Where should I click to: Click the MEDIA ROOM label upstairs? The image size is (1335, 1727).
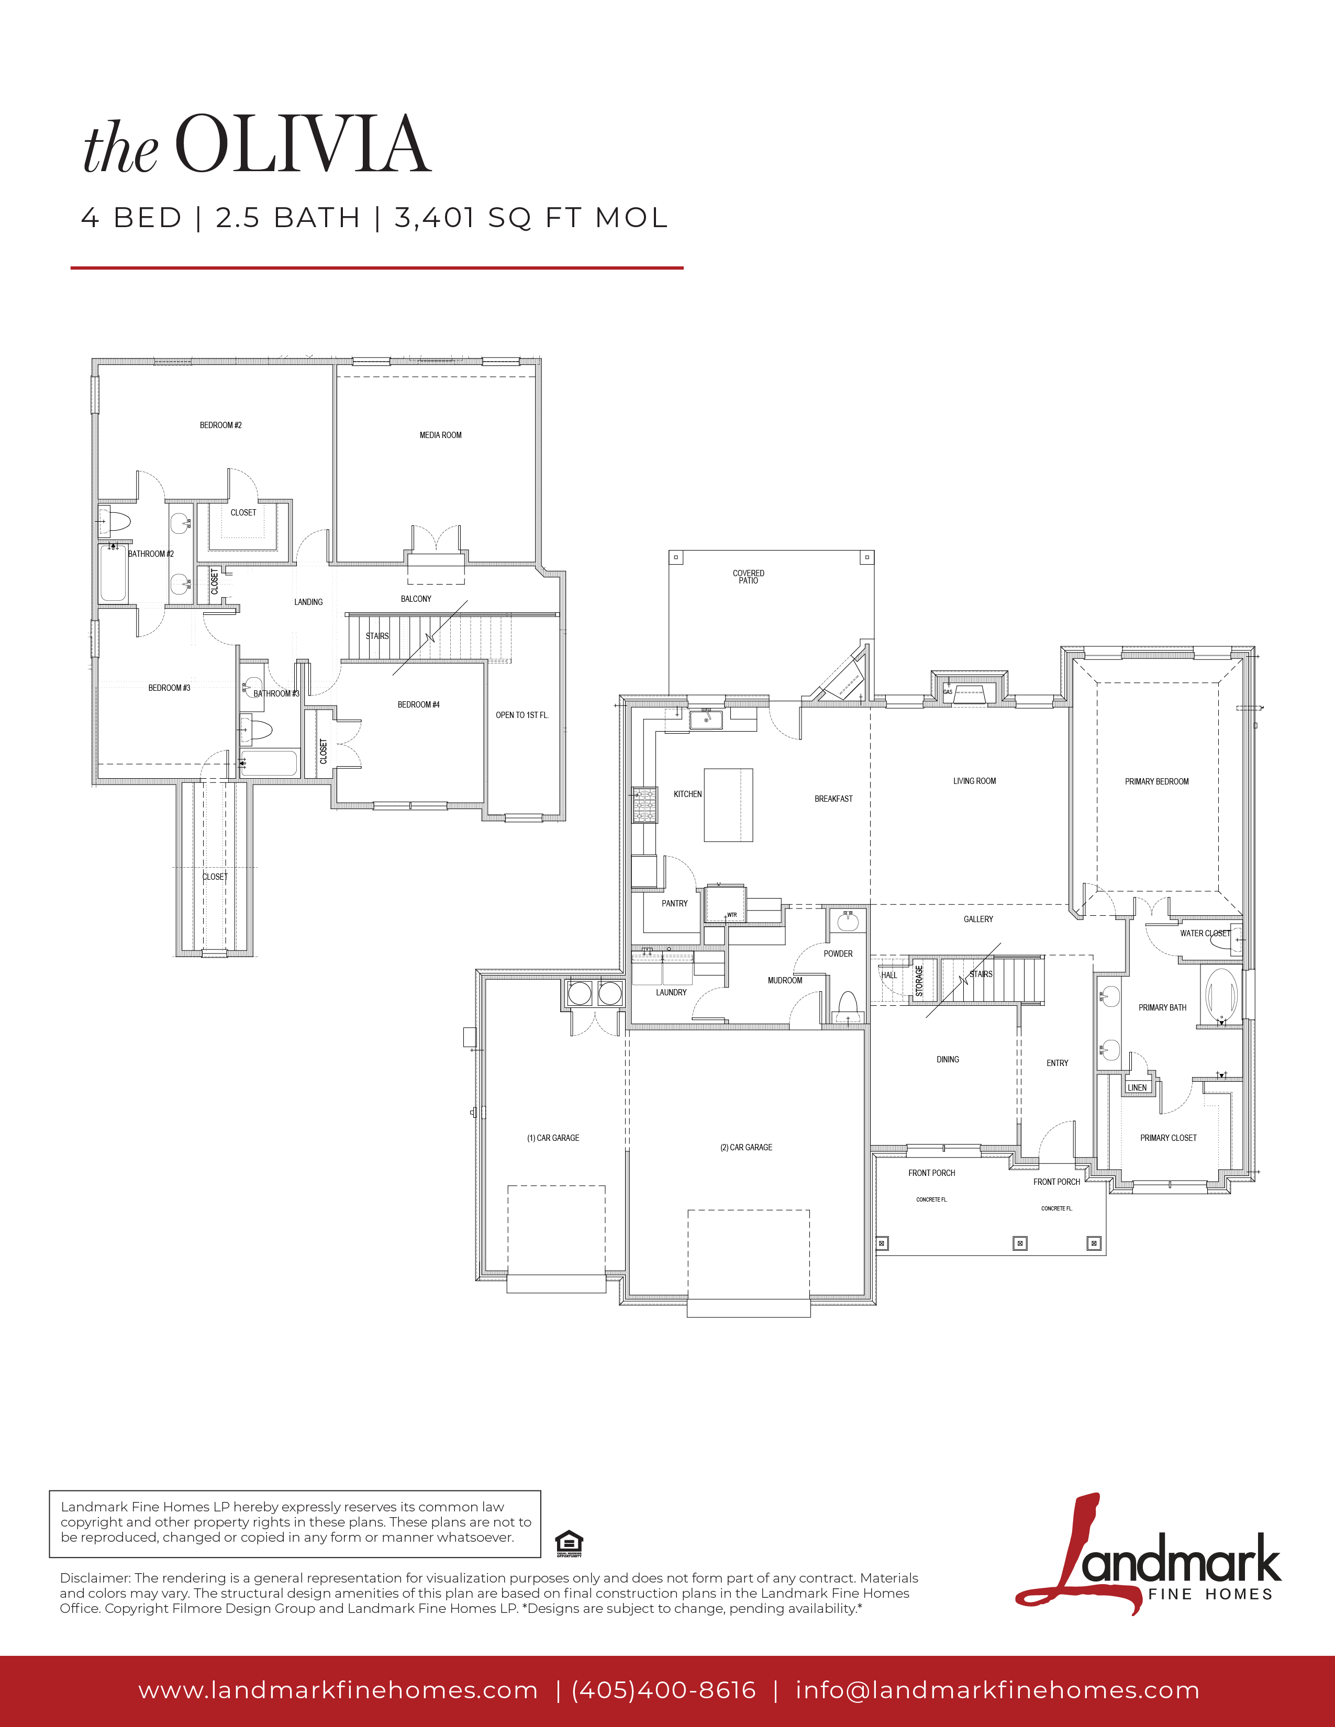(440, 435)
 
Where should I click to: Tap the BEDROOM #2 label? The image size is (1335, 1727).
(220, 425)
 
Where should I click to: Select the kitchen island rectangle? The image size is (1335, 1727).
(728, 805)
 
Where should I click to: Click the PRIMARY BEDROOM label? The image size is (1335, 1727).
(1156, 781)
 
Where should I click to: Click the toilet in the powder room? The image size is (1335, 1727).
(848, 1006)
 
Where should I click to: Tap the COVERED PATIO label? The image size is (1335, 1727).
(748, 577)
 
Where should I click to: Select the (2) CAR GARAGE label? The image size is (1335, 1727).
(746, 1147)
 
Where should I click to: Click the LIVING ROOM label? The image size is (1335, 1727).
(974, 781)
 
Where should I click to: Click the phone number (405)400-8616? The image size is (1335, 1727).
(663, 1690)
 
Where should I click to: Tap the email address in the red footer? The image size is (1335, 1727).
(997, 1690)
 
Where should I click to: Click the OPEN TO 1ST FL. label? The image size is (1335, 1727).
(522, 715)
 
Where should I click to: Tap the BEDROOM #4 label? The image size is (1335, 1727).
(418, 704)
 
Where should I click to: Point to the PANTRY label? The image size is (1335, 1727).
(675, 903)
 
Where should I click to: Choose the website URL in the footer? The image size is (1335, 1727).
(339, 1690)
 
